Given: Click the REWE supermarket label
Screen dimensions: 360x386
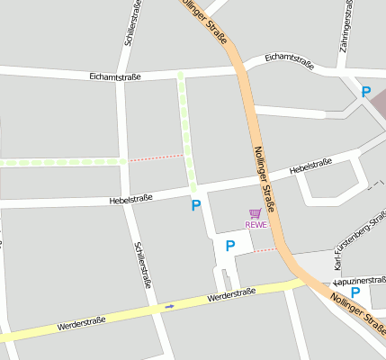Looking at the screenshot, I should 256,225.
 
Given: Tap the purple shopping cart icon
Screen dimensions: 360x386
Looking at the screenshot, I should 256,214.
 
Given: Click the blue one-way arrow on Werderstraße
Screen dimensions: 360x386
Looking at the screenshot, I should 169,306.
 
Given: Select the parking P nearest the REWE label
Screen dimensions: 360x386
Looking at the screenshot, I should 230,245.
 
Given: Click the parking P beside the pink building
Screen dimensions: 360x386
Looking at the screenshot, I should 365,92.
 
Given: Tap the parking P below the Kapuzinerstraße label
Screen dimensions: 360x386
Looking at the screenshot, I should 355,292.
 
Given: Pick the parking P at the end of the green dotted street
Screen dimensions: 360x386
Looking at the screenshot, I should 196,205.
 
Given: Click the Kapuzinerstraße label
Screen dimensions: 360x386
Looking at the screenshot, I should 360,281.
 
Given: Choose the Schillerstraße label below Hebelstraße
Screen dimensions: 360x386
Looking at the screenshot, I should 142,263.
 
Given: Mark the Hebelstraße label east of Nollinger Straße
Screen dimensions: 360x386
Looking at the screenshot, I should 310,166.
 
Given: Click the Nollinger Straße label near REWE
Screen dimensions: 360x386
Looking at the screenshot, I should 265,180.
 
